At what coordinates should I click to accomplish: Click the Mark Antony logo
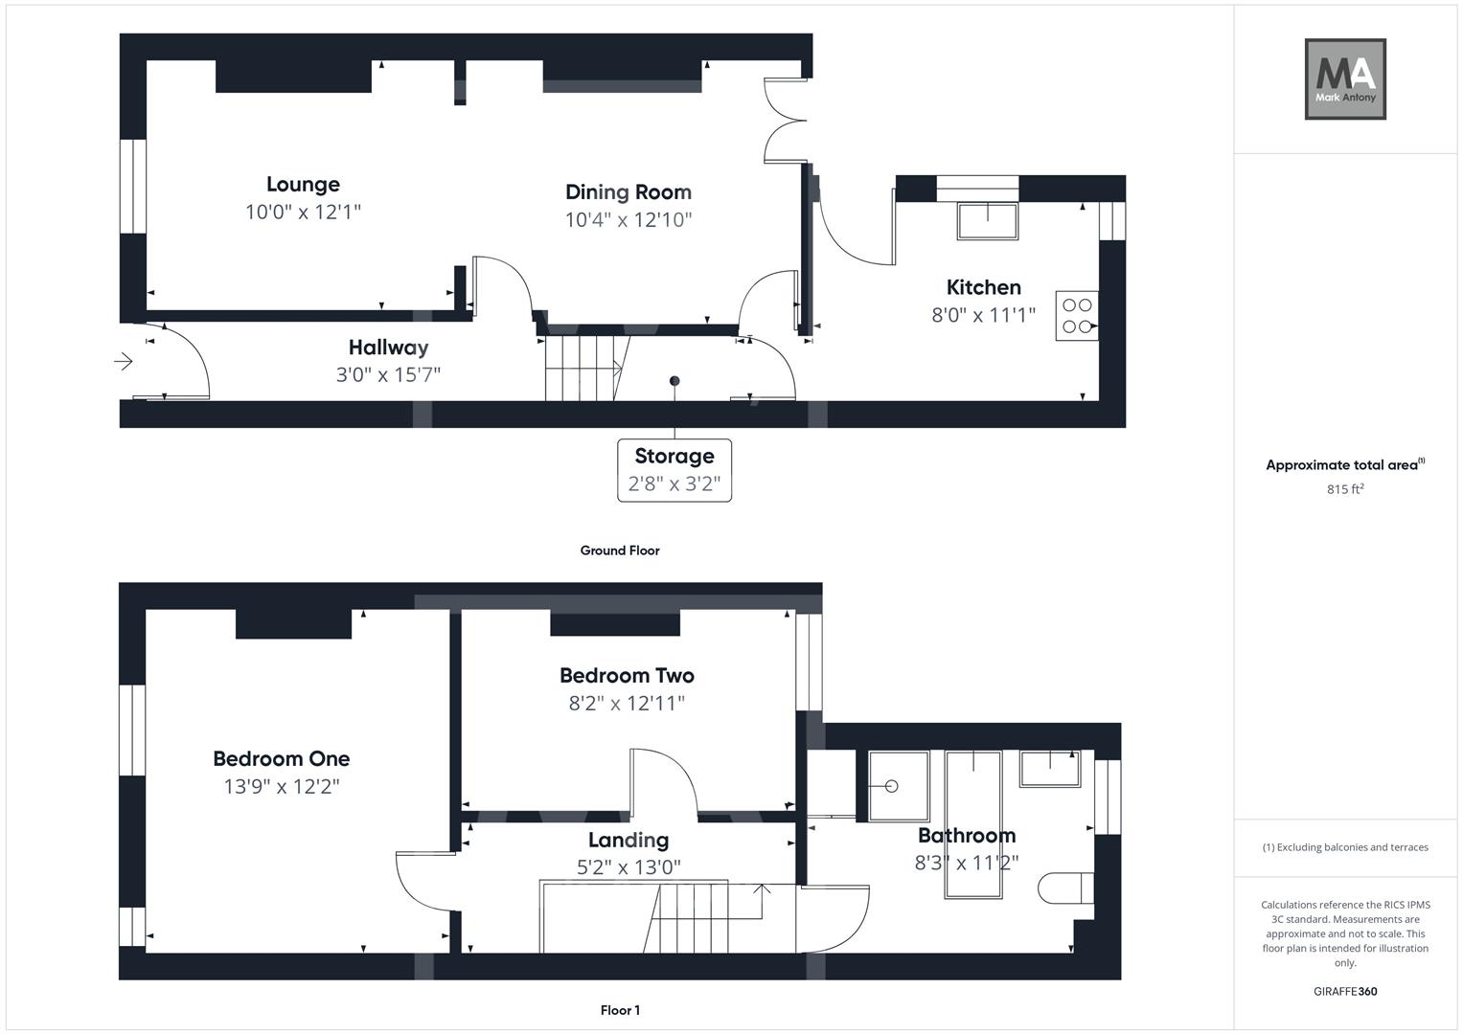(x=1345, y=79)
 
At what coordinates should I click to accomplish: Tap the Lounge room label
(x=303, y=185)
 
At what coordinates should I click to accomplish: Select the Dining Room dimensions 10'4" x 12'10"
(x=629, y=220)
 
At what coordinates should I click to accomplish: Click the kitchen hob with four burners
(x=1077, y=316)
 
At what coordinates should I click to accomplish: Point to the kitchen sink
(x=987, y=221)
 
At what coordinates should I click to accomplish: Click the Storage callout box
(x=674, y=470)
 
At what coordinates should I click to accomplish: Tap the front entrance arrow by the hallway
(x=124, y=361)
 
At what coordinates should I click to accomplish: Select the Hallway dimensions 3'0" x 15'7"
(x=388, y=374)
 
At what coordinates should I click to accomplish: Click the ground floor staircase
(x=583, y=368)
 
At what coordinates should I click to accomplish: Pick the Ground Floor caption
(x=620, y=551)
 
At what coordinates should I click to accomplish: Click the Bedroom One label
(x=282, y=759)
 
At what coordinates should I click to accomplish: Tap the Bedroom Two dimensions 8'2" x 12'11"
(x=627, y=704)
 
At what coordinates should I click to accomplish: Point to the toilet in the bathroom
(x=1065, y=888)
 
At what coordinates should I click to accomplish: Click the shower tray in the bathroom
(x=899, y=786)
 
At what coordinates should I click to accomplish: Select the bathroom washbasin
(x=1049, y=769)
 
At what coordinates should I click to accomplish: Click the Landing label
(x=629, y=841)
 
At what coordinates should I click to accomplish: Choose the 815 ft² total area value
(x=1345, y=489)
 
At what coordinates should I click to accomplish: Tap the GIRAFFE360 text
(x=1345, y=992)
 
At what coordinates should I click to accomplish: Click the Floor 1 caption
(x=620, y=1010)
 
